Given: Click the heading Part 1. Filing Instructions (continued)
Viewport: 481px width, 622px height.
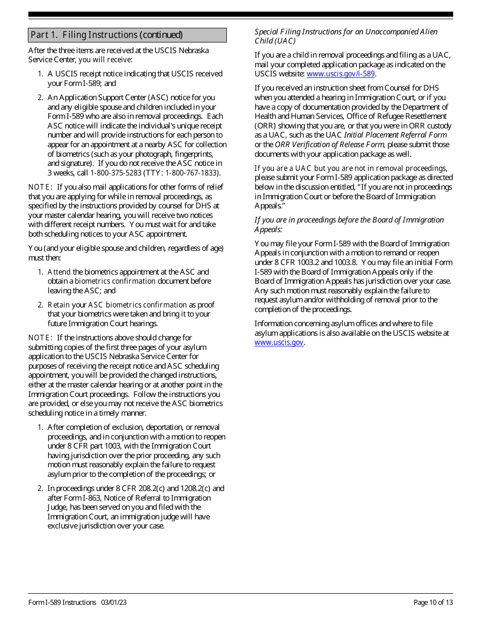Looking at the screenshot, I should [x=106, y=35].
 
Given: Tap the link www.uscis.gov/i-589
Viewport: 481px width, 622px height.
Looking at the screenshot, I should [x=341, y=74].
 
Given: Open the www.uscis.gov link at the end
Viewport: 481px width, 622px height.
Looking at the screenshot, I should [x=279, y=342].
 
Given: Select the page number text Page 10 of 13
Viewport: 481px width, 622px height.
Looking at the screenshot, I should [x=433, y=602].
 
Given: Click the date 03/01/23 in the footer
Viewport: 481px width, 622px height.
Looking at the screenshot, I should [x=113, y=602].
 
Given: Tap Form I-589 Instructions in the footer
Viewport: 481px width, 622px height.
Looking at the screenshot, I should [x=62, y=602].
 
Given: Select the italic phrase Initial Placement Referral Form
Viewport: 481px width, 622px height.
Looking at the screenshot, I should [x=395, y=135].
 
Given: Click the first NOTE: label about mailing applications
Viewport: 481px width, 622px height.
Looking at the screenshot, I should [x=40, y=187].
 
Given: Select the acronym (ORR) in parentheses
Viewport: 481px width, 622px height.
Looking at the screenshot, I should [x=265, y=126].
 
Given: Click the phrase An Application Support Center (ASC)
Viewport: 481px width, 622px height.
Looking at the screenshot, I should [x=95, y=98].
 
